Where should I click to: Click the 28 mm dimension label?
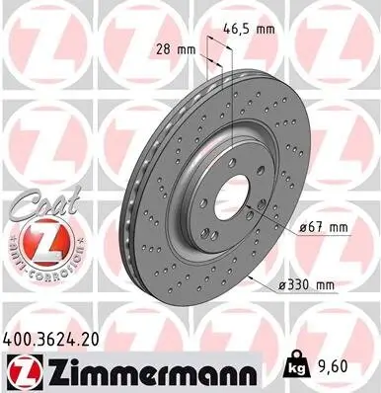pos(179,48)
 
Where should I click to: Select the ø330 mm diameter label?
pos(306,285)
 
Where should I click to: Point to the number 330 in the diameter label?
pos(300,285)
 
